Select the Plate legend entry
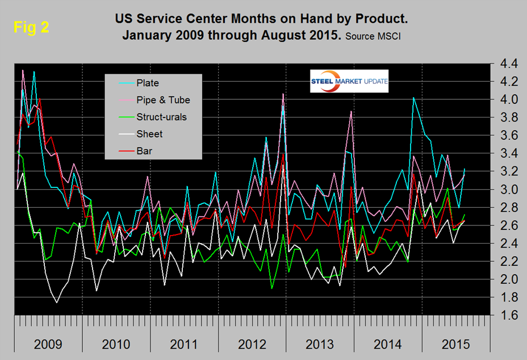coord(147,82)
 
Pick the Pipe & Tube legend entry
coord(163,100)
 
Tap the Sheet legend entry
coord(149,134)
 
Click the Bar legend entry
coord(145,151)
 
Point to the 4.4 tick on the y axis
coord(505,64)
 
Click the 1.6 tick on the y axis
coord(505,315)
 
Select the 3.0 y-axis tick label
coord(505,189)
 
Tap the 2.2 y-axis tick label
coord(505,261)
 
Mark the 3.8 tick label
coord(505,118)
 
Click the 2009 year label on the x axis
coord(48,344)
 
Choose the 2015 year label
coord(454,344)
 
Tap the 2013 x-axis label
coord(319,344)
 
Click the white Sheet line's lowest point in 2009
coord(56,303)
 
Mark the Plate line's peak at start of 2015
coord(413,98)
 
